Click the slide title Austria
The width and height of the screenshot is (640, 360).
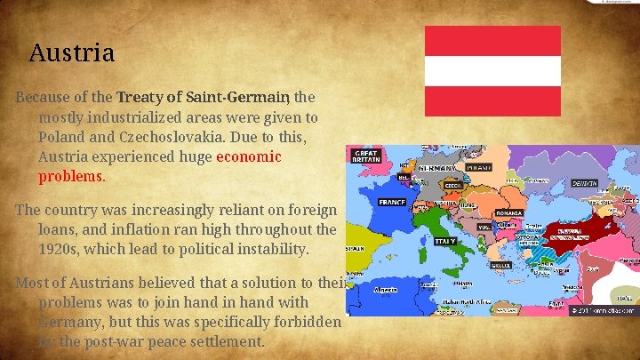coord(71,52)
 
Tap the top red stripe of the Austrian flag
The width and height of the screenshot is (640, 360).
coord(492,40)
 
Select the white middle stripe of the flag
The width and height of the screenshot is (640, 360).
coord(492,70)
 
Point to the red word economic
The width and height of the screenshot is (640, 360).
coord(248,156)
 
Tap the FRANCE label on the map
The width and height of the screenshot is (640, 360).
coord(392,202)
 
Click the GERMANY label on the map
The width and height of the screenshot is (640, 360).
coord(436,167)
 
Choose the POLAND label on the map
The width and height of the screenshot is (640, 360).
coord(478,166)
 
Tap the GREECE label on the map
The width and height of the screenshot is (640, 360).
coord(500,264)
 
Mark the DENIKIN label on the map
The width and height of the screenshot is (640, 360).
coord(584,183)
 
